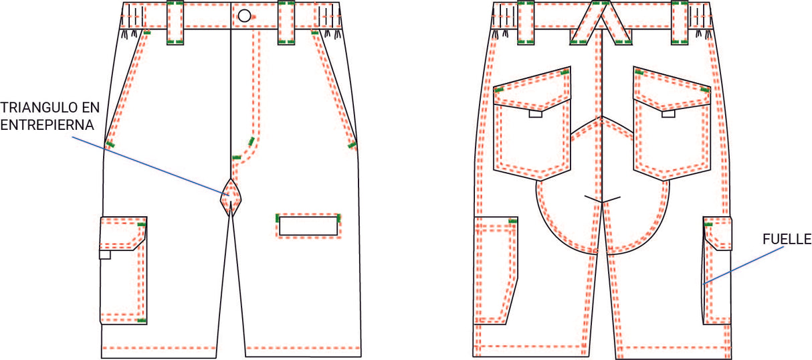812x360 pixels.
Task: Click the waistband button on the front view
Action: pos(244,15)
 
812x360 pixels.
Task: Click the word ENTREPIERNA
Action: pos(47,124)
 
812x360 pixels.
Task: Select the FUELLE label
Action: pos(787,240)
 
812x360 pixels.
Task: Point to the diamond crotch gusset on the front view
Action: pos(231,197)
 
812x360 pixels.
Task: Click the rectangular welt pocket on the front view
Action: pos(308,226)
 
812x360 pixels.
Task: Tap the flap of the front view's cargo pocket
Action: pos(123,234)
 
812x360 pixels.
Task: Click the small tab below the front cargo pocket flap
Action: pos(105,254)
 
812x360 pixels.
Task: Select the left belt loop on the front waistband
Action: pos(175,23)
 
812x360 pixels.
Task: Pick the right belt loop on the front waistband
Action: pos(286,23)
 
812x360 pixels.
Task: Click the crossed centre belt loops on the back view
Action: pos(601,23)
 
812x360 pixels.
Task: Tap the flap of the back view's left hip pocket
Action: pos(532,89)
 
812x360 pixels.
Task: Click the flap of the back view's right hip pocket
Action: pos(672,89)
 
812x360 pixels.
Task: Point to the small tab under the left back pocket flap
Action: pos(535,114)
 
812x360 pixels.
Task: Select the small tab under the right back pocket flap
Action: pos(668,114)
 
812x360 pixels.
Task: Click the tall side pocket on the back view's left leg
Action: pos(496,270)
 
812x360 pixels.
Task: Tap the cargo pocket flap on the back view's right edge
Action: pos(718,234)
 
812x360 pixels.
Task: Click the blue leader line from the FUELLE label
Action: pos(744,266)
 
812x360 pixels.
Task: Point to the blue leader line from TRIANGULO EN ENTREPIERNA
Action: pos(150,167)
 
